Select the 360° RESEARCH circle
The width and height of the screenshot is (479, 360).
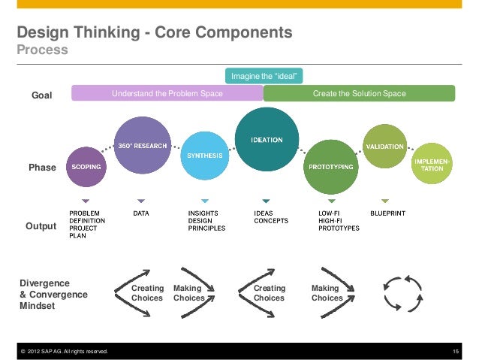[x=141, y=145]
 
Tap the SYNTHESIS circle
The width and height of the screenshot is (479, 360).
[x=204, y=155]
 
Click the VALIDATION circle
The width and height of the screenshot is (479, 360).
[x=384, y=146]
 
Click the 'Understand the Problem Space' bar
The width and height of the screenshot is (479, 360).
[x=167, y=93]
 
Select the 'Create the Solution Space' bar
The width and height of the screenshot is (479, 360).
[x=359, y=93]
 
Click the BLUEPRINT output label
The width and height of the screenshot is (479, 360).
[x=387, y=213]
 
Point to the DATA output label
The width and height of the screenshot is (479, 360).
[x=140, y=213]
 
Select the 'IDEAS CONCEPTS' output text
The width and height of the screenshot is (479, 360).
[x=271, y=217]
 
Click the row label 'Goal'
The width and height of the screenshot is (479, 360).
[x=41, y=95]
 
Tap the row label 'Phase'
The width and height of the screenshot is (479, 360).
[x=42, y=168]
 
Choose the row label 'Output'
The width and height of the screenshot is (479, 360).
[x=41, y=225]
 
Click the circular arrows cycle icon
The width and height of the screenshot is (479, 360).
[x=402, y=293]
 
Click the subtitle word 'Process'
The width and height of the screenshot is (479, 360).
[x=42, y=50]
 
